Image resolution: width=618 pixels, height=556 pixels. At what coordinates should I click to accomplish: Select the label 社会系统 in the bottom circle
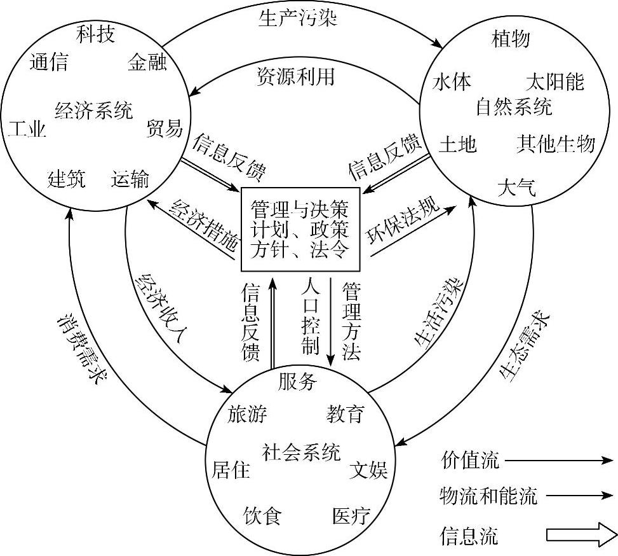pos(301,452)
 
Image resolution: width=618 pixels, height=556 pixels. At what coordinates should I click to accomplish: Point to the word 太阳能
pos(554,82)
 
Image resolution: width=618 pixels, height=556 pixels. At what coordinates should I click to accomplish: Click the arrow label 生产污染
pos(297,17)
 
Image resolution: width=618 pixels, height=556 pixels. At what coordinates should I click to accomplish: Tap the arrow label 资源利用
pos(295,77)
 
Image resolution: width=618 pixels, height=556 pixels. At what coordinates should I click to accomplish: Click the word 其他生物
pos(556,144)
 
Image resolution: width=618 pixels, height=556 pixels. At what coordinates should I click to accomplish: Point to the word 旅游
pos(248,415)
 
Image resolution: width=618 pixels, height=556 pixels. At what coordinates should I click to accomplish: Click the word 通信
pos(49,63)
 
